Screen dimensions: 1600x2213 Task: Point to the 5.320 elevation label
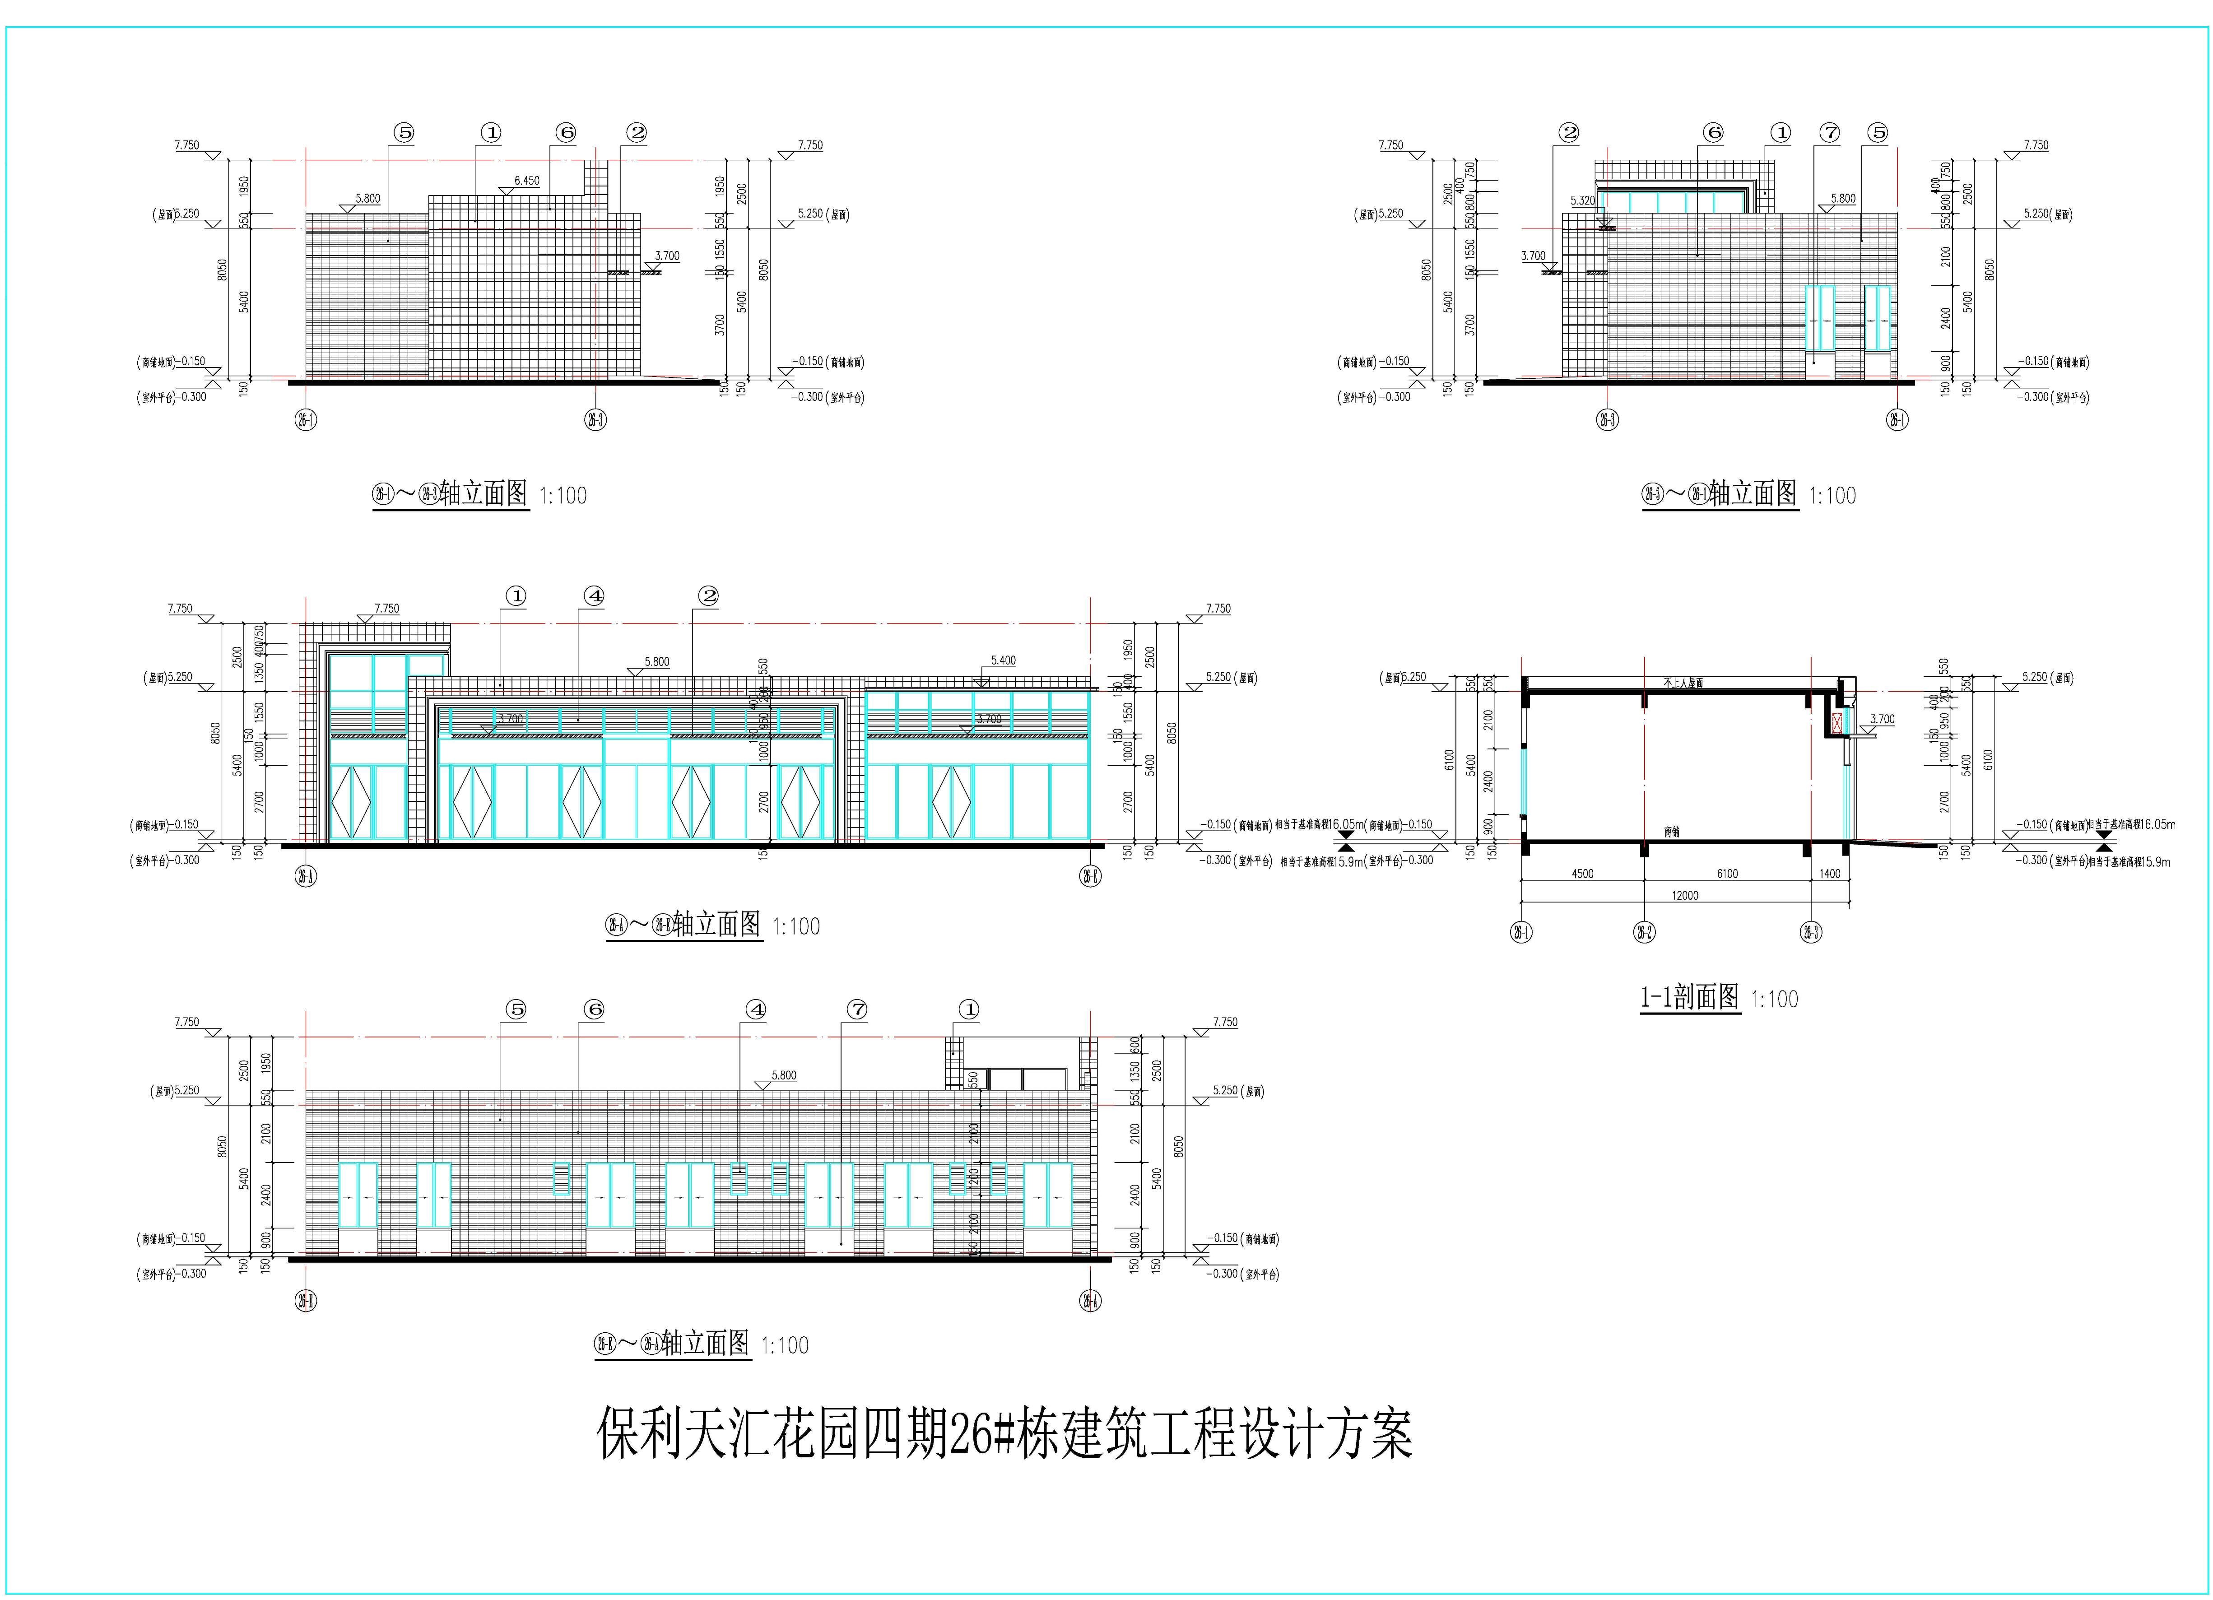tap(1583, 201)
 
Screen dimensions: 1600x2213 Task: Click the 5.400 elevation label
tap(1003, 660)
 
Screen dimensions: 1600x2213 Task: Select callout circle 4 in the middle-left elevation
tap(594, 596)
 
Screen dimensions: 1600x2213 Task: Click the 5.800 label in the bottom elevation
tap(784, 1075)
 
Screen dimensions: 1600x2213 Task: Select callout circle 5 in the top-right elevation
tap(1877, 133)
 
